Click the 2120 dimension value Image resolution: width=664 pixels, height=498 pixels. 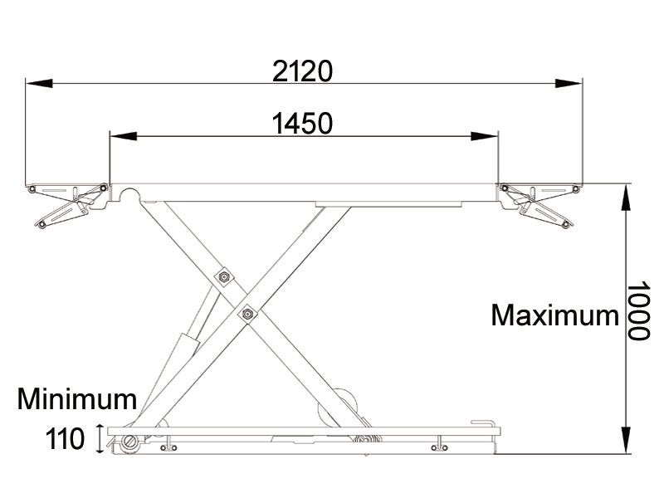tap(302, 71)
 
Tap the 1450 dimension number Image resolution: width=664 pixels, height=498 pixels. tap(302, 124)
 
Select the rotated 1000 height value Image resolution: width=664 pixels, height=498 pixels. tap(638, 310)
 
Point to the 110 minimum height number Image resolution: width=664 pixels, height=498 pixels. tap(65, 439)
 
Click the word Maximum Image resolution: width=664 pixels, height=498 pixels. tap(554, 315)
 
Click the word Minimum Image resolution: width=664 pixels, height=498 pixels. tap(77, 399)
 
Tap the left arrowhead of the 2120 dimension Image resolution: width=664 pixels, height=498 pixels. tap(39, 84)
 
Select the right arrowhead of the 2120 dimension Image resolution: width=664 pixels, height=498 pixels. tap(569, 84)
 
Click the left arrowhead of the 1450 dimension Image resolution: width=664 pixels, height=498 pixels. tap(124, 136)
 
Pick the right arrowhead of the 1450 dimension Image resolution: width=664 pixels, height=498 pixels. tap(485, 136)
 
